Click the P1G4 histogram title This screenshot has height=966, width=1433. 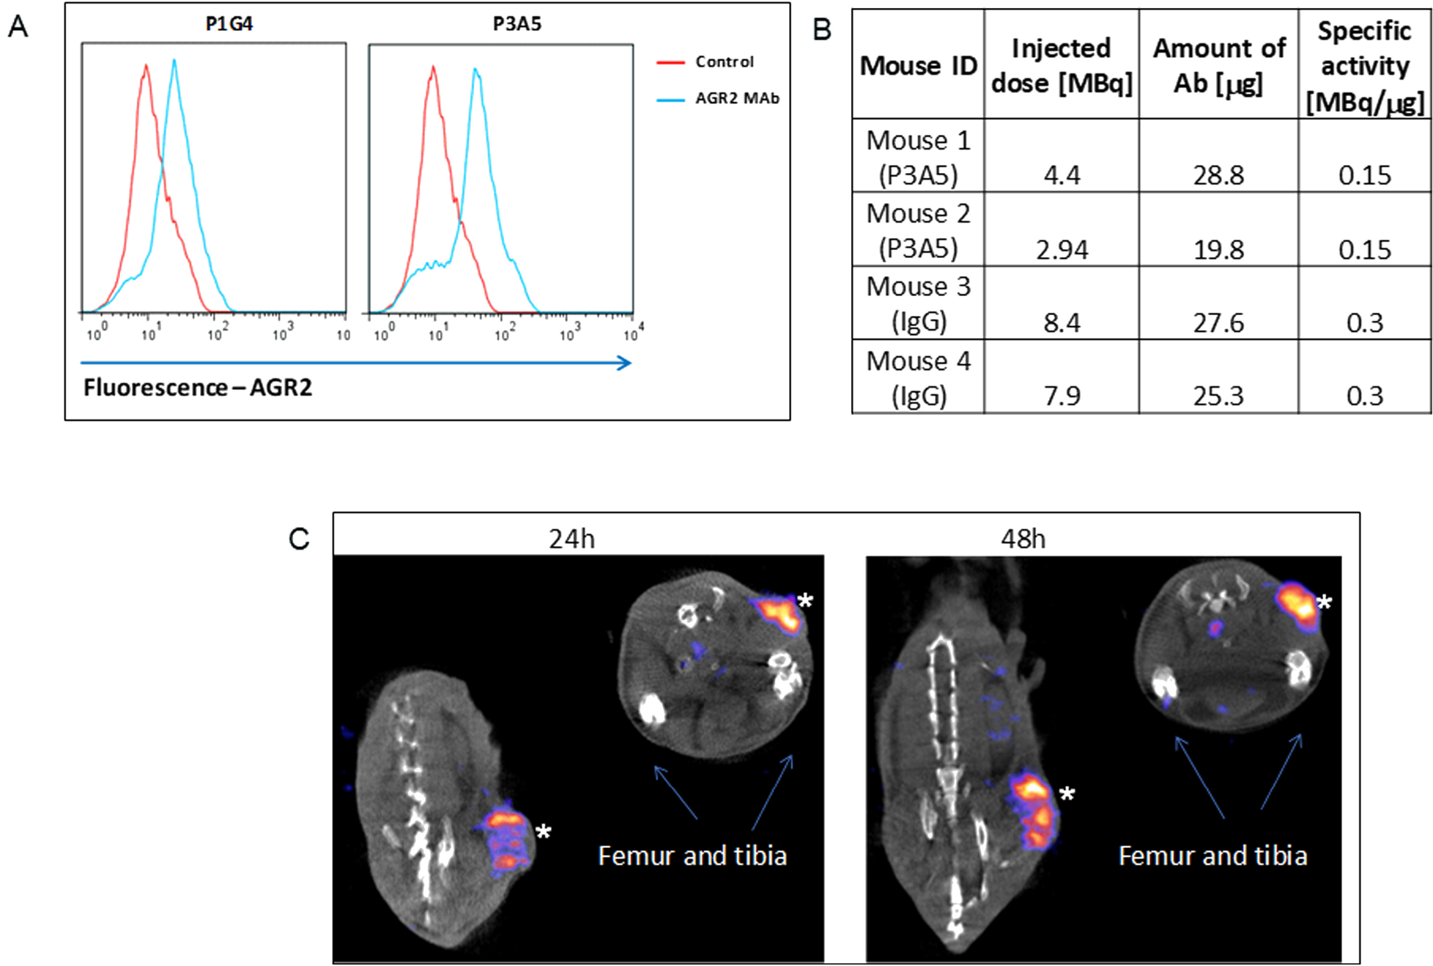click(229, 24)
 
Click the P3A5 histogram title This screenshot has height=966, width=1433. click(516, 24)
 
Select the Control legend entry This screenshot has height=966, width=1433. click(723, 62)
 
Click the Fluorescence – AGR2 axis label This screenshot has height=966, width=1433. click(198, 387)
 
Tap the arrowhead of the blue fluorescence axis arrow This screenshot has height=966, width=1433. click(625, 363)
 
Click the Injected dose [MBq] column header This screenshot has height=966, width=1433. click(1061, 65)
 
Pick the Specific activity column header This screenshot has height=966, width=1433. click(1364, 66)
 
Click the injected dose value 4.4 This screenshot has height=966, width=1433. click(1062, 175)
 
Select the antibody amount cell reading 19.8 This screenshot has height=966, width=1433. click(1218, 250)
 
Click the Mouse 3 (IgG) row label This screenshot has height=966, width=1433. click(918, 303)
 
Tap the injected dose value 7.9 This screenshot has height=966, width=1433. click(1062, 396)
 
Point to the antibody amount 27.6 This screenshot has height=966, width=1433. click(1218, 322)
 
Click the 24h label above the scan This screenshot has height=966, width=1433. click(571, 539)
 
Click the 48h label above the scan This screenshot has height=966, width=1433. click(1023, 539)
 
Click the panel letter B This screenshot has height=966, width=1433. click(822, 30)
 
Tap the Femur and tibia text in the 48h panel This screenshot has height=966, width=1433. click(1212, 855)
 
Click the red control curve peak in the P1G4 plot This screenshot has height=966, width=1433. click(147, 67)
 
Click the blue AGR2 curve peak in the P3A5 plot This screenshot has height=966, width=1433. click(475, 70)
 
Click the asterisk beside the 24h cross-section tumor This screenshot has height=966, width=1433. click(805, 601)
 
